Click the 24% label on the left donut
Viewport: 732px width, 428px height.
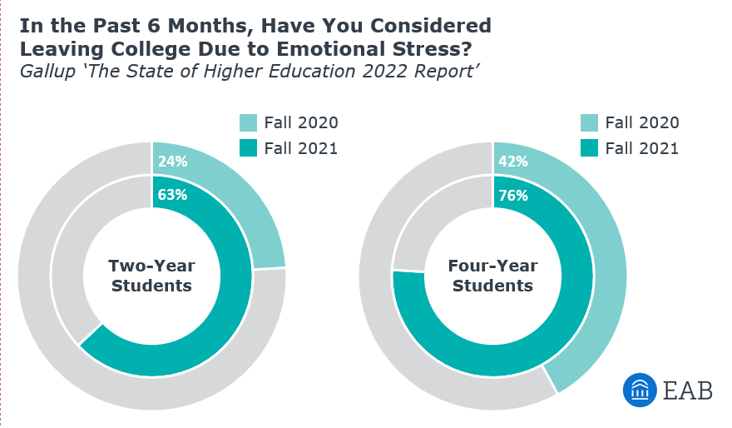pos(173,162)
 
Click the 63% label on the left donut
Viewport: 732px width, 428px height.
pos(173,196)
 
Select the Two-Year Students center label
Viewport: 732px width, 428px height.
pos(151,276)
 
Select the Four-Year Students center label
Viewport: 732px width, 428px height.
pos(492,276)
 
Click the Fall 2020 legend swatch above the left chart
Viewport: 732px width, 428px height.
pos(248,123)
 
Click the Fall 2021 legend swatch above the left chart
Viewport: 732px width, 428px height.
pos(248,149)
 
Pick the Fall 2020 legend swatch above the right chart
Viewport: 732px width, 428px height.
pos(589,123)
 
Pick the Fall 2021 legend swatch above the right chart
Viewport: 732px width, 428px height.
pos(589,149)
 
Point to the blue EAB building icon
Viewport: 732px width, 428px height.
pos(640,390)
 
